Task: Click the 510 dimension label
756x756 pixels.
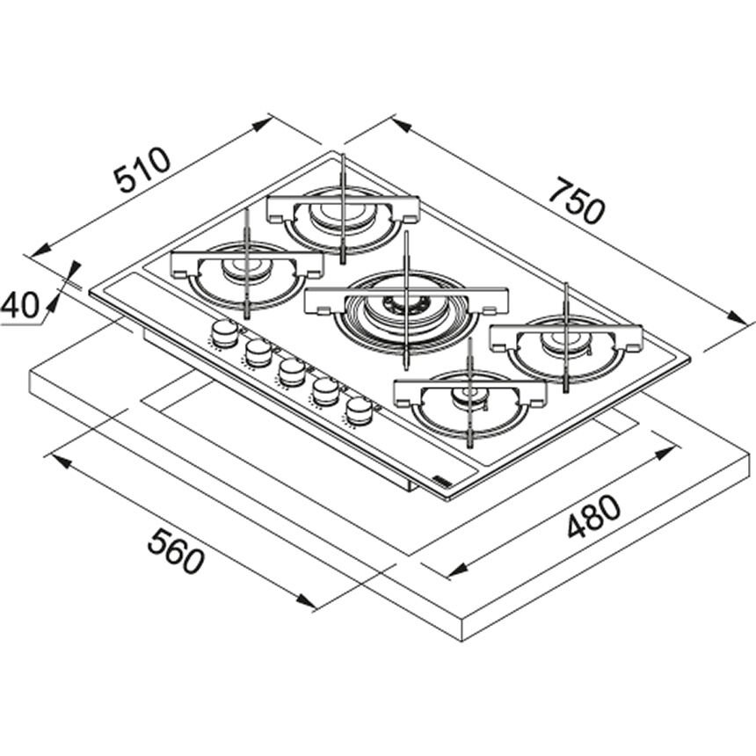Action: point(142,170)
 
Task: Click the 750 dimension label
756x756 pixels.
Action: point(577,200)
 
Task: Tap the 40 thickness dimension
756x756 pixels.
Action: point(19,305)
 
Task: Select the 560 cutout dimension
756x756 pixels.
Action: point(176,550)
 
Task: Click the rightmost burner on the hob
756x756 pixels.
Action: point(566,346)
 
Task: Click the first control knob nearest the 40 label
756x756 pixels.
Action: point(224,333)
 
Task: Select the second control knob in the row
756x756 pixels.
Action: point(258,353)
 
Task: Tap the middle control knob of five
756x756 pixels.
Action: point(292,372)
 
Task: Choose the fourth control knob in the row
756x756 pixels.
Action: point(325,391)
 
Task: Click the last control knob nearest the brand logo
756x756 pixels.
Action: point(360,411)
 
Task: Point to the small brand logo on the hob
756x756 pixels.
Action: point(440,479)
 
